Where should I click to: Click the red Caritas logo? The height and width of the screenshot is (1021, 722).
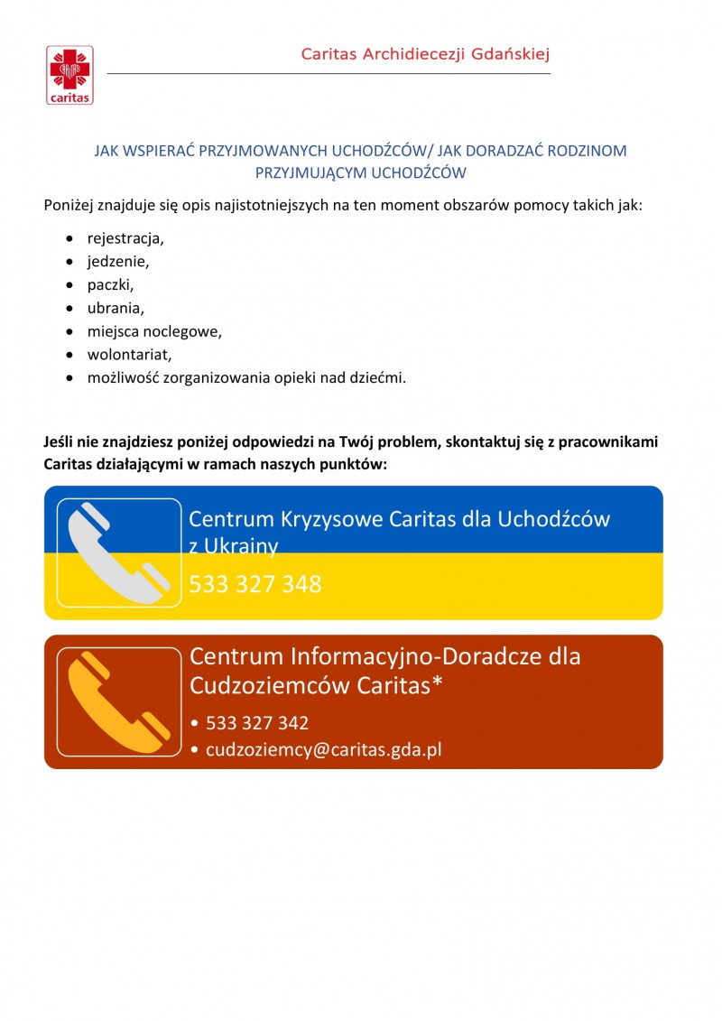click(x=69, y=75)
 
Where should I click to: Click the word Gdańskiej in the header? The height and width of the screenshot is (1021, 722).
click(x=510, y=54)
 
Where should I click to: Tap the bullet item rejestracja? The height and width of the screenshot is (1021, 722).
click(x=125, y=239)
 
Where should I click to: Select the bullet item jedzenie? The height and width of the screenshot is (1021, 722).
click(x=117, y=262)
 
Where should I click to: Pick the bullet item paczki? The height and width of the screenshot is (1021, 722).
click(x=110, y=285)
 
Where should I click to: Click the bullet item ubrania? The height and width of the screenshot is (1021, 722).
click(x=116, y=308)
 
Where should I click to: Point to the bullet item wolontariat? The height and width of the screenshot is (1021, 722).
click(x=129, y=354)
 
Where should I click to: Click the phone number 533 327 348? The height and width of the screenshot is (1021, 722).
click(x=255, y=584)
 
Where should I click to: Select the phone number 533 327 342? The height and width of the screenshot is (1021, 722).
click(x=257, y=723)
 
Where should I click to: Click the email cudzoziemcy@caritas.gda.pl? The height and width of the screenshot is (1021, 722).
click(x=324, y=749)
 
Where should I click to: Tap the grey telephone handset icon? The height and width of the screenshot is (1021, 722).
click(x=119, y=552)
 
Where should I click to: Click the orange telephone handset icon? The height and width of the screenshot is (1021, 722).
click(x=119, y=701)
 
